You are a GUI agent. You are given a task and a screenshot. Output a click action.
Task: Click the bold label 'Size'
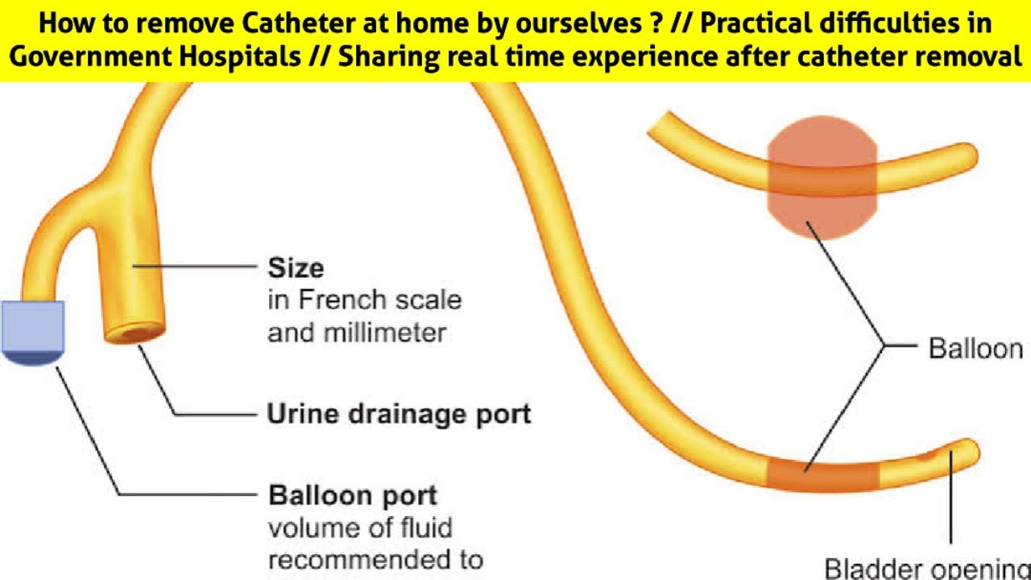click(x=296, y=267)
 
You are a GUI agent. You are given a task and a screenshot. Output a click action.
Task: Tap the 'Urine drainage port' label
click(x=399, y=414)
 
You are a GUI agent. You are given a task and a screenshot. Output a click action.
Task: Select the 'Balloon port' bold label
click(x=353, y=495)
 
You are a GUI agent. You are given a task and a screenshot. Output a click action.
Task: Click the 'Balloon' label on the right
click(x=975, y=348)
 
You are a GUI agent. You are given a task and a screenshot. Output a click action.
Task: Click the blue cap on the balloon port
click(x=33, y=332)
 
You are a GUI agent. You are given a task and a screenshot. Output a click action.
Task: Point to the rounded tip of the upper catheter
click(x=967, y=153)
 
